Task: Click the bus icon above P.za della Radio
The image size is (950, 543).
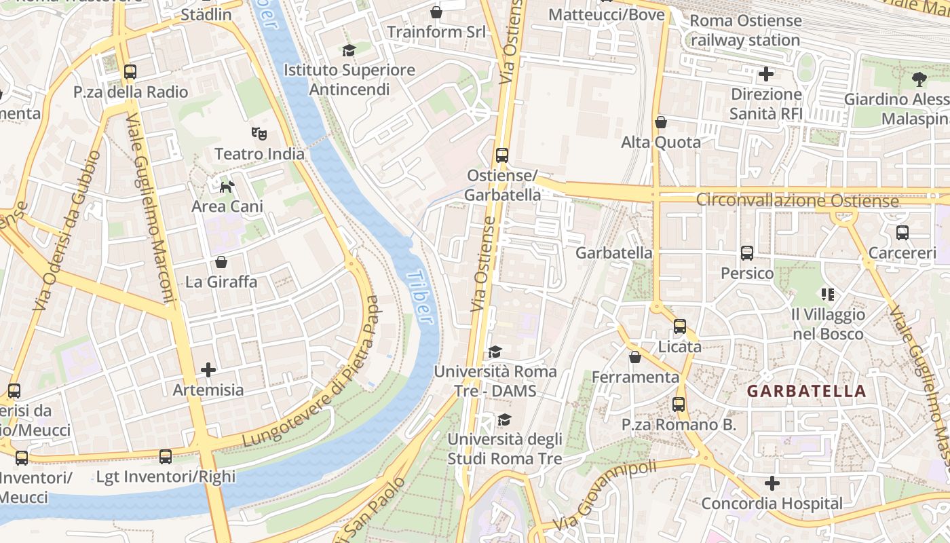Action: (130, 71)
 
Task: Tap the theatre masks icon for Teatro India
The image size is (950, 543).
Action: (259, 134)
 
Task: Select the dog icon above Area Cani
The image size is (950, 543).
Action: (227, 185)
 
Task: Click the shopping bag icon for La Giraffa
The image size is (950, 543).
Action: (221, 262)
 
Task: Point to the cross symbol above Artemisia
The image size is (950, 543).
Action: (208, 370)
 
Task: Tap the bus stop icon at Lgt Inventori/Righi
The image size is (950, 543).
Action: (166, 457)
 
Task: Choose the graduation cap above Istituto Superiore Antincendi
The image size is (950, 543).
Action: (349, 50)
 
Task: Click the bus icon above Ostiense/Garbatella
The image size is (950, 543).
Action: (502, 155)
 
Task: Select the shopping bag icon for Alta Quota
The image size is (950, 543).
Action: (661, 122)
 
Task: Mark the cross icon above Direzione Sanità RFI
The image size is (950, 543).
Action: (766, 73)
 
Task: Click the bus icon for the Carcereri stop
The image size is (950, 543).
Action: (902, 233)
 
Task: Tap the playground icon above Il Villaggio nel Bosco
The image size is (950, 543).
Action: (828, 295)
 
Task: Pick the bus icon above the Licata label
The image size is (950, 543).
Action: (680, 326)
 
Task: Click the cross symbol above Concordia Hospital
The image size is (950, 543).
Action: (772, 483)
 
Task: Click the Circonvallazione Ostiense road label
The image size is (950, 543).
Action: (797, 201)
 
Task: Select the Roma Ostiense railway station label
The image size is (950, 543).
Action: (745, 31)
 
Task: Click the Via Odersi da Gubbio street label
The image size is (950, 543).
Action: (66, 231)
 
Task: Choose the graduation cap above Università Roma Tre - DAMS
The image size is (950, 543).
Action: (495, 352)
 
